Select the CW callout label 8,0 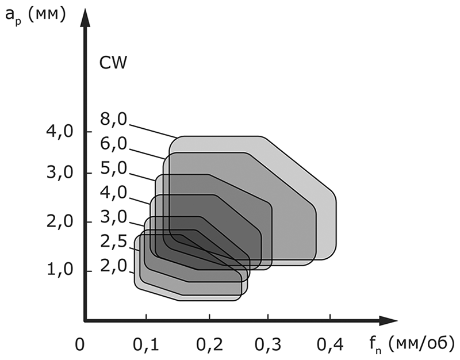(x=113, y=122)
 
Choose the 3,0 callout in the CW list (x=113, y=217)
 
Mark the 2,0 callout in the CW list (x=113, y=266)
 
